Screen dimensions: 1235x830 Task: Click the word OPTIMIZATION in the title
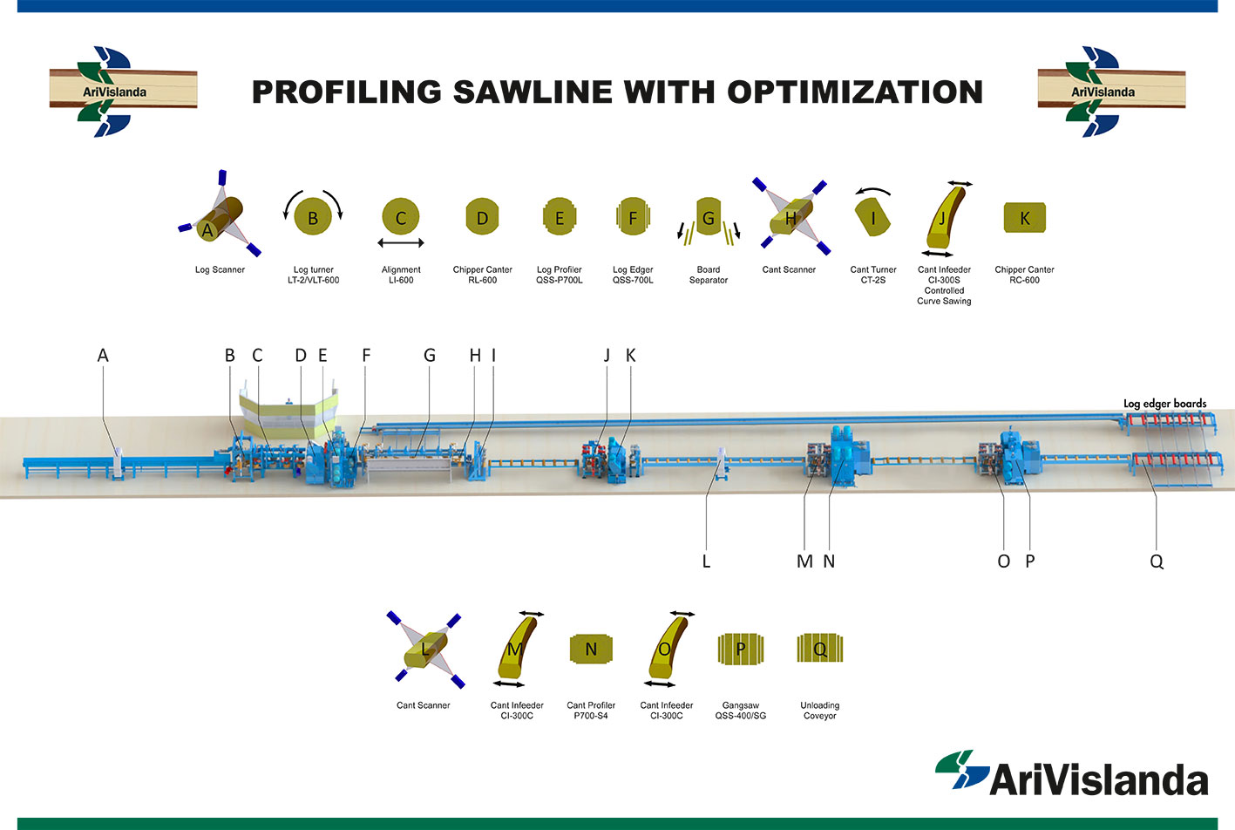(855, 92)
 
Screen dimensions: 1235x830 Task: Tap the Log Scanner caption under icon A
(220, 269)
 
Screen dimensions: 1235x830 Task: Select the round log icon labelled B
(313, 216)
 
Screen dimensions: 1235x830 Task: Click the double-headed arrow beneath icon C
(401, 242)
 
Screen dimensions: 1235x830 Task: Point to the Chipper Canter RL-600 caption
(483, 275)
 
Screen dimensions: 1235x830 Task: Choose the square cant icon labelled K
(1024, 217)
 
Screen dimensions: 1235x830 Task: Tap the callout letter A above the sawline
(103, 356)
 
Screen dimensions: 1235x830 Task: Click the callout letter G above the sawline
(430, 356)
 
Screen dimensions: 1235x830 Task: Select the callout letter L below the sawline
(706, 561)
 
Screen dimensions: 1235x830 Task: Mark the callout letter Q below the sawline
(1157, 562)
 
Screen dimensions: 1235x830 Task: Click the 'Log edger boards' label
(1165, 404)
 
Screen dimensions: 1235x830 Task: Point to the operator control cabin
(288, 413)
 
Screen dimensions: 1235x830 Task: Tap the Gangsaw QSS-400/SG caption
(741, 711)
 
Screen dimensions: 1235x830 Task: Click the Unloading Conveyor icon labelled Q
(820, 648)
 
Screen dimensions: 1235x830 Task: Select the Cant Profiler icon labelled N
(591, 650)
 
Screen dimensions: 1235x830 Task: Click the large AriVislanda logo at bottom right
(1071, 774)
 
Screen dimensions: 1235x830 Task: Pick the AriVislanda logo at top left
(123, 92)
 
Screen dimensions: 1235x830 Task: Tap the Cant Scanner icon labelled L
(425, 650)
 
